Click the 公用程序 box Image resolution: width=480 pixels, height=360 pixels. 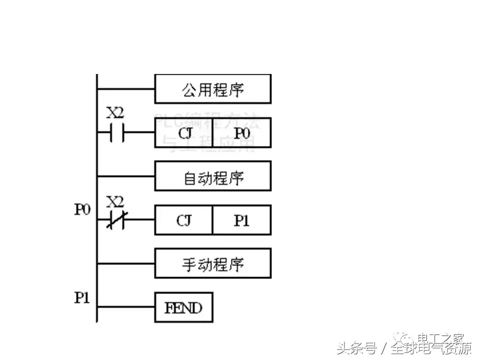[212, 89]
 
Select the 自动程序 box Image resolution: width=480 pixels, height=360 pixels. [212, 176]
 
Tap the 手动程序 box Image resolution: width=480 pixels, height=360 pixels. [212, 263]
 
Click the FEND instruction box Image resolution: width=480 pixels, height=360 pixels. [183, 307]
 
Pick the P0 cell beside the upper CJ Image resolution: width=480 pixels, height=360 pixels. [241, 133]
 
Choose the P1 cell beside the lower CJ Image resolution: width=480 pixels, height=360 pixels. [241, 220]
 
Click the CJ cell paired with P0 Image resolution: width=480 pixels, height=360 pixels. [183, 133]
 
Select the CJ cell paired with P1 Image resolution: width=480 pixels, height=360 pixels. [183, 220]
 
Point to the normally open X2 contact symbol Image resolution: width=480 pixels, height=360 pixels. [115, 133]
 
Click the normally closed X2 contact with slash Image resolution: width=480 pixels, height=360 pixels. [115, 220]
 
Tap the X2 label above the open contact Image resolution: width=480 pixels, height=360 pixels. [115, 113]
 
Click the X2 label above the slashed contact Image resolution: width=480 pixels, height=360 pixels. [115, 201]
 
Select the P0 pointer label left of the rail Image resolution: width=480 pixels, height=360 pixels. [82, 209]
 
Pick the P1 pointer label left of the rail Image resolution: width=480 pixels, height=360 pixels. [82, 298]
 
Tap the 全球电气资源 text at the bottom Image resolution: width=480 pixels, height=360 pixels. [431, 348]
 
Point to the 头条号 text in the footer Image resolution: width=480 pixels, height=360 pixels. [356, 348]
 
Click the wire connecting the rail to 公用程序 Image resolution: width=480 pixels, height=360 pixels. [125, 89]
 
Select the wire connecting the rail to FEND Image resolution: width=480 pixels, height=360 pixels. [125, 307]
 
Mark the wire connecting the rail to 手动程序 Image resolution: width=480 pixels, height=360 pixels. [125, 263]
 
